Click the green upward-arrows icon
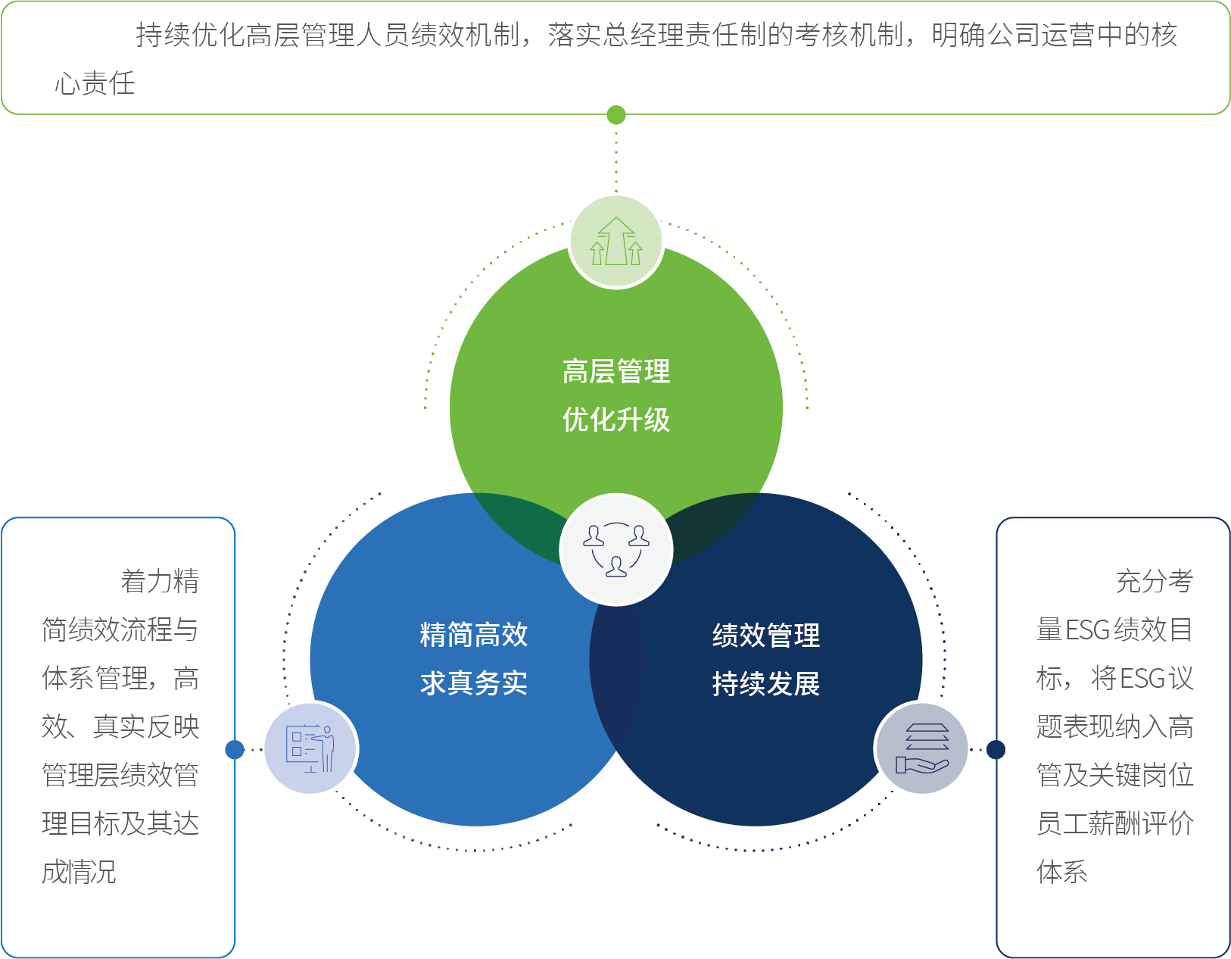tap(616, 242)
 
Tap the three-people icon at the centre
tap(616, 549)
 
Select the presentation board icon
tap(310, 748)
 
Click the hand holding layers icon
tap(921, 748)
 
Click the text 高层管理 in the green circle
tap(616, 371)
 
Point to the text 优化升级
tap(616, 420)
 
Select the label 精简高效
tap(474, 635)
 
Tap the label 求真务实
tap(474, 683)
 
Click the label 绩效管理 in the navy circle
tap(765, 635)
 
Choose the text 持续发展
tap(765, 683)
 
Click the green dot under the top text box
tap(616, 115)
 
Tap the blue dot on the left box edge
tap(235, 749)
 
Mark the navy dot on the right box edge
tap(996, 749)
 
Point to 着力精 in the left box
tap(160, 581)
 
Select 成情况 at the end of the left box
tap(79, 872)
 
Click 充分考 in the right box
tap(1155, 581)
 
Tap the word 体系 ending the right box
tap(1061, 872)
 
